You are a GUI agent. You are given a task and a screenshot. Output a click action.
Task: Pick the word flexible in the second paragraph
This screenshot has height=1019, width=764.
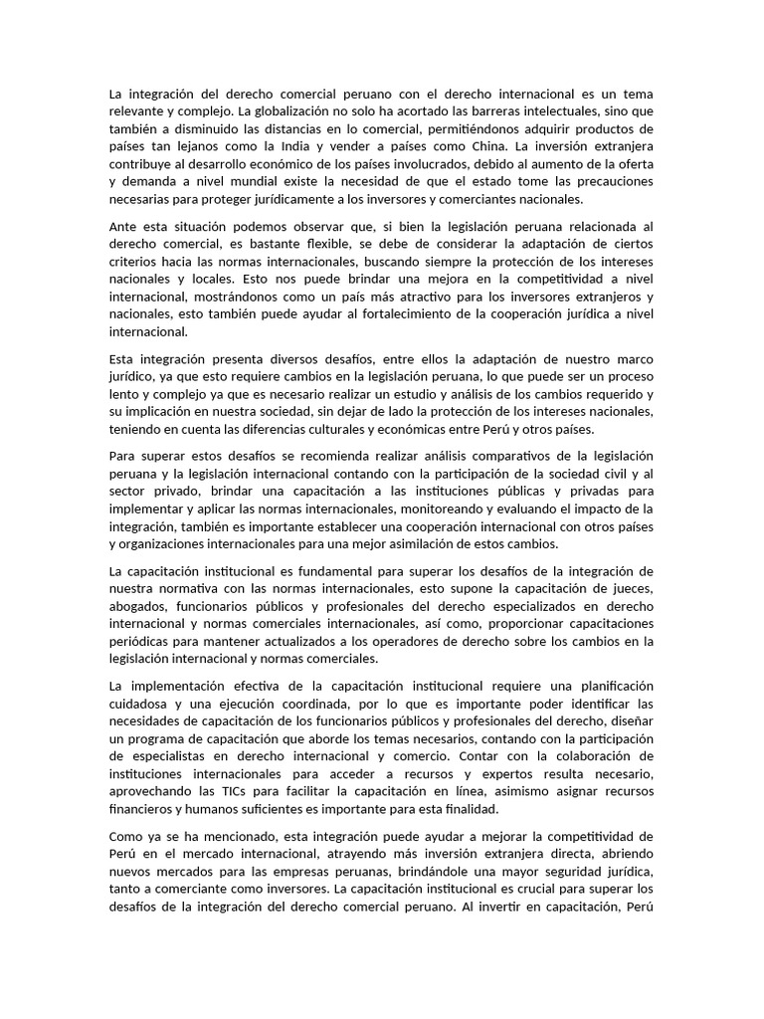click(314, 245)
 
